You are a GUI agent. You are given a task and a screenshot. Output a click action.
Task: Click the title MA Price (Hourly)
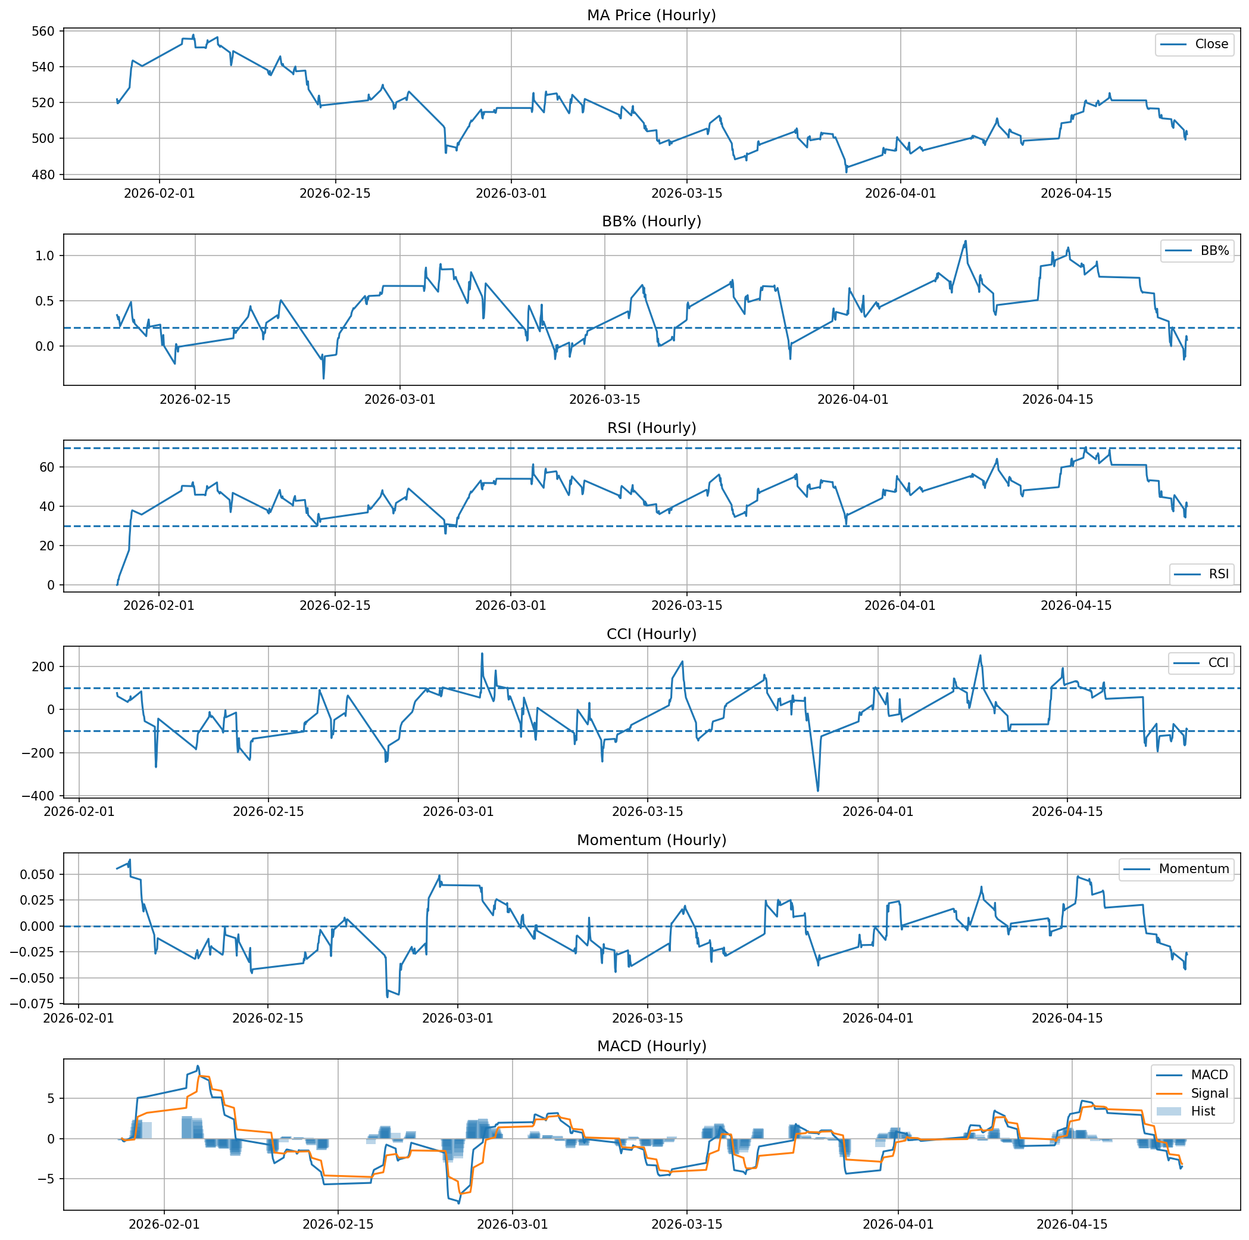point(651,15)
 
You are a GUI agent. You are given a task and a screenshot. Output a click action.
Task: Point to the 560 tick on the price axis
point(46,31)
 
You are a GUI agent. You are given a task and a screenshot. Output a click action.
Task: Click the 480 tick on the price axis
point(46,175)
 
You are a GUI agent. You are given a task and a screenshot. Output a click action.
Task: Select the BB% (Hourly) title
point(651,221)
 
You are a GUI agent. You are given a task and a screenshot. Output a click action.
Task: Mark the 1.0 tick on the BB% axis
point(45,256)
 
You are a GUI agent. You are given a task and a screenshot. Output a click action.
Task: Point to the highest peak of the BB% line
point(966,241)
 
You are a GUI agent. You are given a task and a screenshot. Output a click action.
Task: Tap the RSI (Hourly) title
point(651,428)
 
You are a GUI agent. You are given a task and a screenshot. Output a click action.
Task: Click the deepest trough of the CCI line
point(818,790)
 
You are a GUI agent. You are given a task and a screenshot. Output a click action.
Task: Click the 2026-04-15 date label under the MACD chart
point(1072,1224)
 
